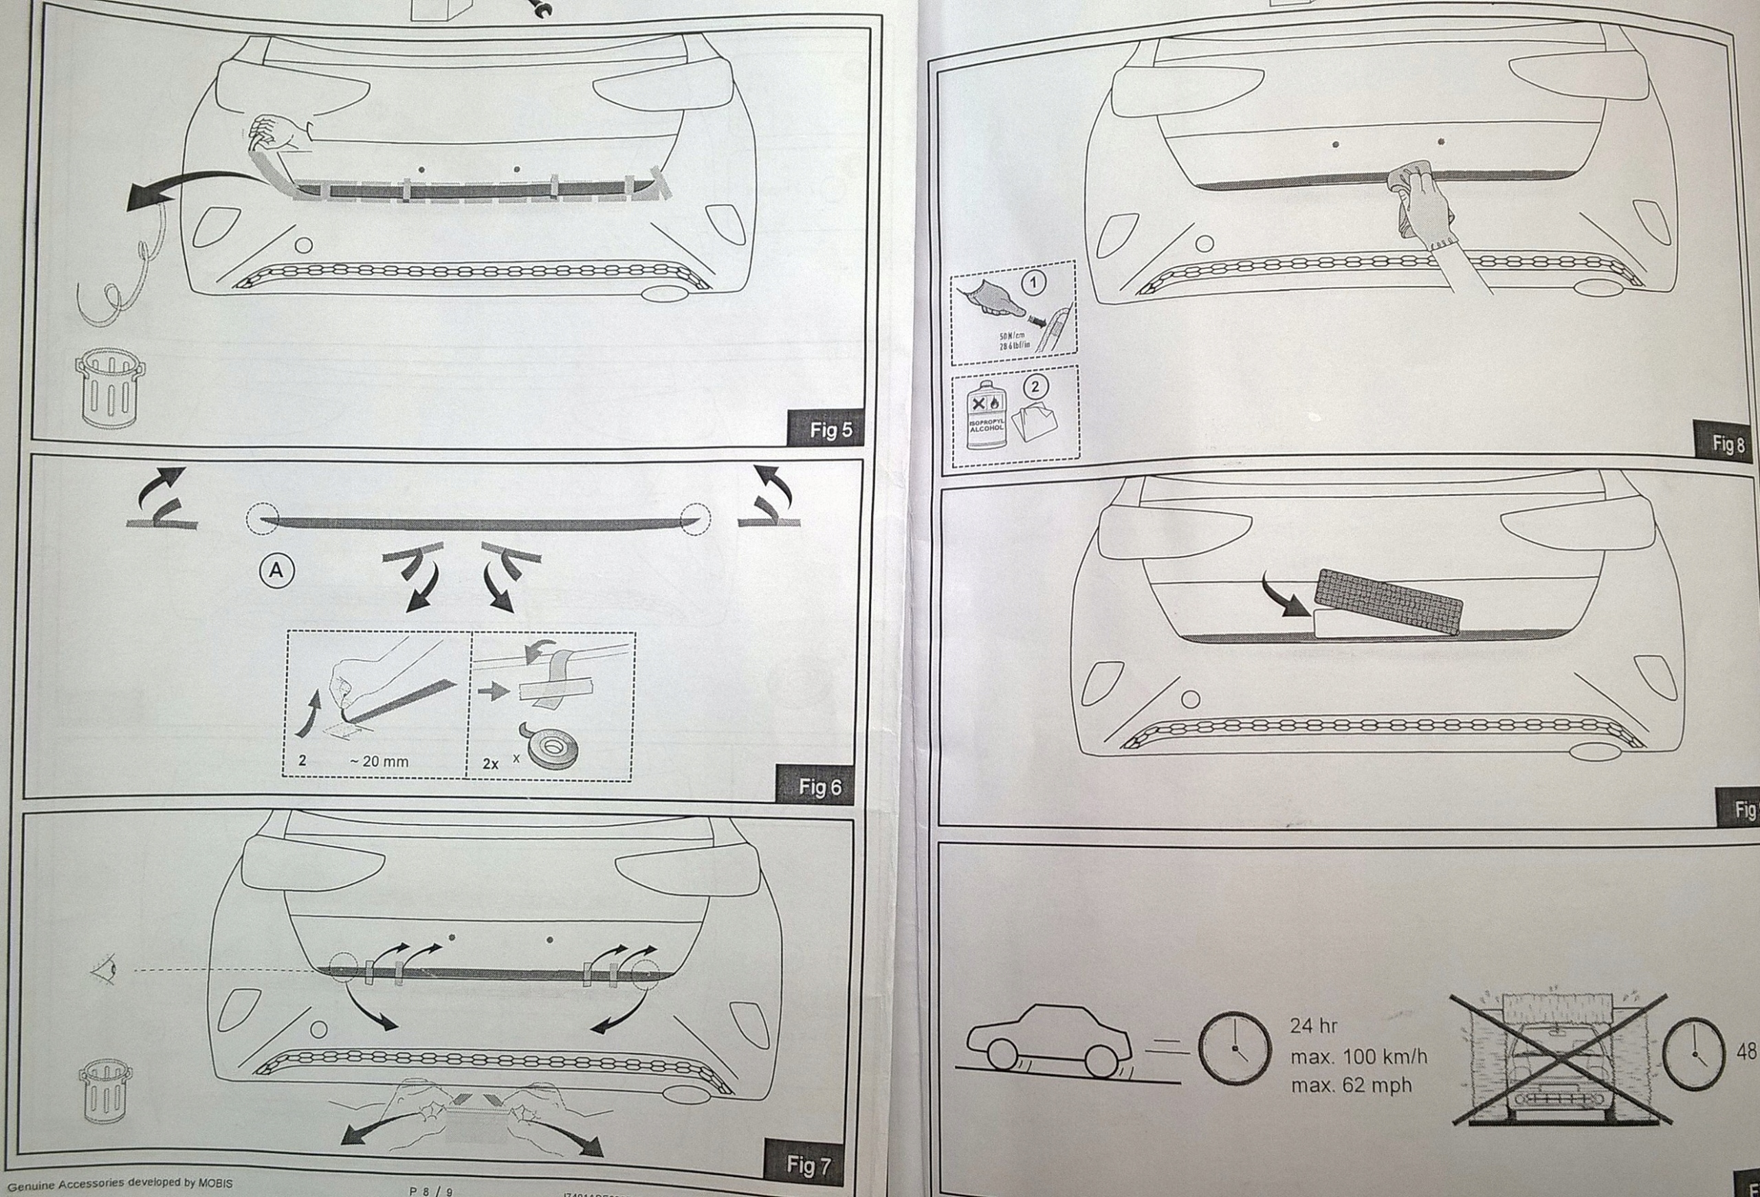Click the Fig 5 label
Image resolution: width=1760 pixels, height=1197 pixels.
point(830,430)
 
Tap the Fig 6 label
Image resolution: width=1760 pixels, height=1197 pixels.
point(819,787)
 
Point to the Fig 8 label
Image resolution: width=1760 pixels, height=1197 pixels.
point(1728,444)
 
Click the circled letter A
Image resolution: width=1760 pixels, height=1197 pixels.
point(276,570)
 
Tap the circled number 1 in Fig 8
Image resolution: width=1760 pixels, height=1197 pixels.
point(1034,282)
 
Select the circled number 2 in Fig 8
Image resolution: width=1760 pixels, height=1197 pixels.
point(1035,386)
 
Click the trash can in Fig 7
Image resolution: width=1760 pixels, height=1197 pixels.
point(106,1090)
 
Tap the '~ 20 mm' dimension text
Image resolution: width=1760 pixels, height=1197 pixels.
point(379,761)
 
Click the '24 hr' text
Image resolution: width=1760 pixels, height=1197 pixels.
point(1313,1026)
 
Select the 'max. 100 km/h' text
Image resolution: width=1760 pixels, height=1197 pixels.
point(1358,1056)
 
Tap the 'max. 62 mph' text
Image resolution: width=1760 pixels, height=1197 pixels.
point(1351,1086)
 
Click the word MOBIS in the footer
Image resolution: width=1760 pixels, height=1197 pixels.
point(216,1183)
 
